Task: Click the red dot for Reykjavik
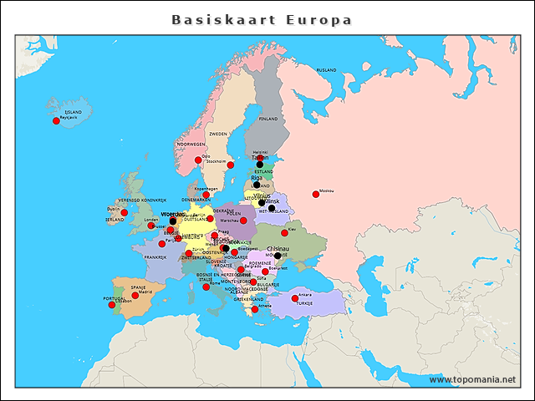[57, 121]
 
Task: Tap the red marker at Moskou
[316, 194]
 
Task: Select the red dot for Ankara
[295, 297]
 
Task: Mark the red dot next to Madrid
[135, 295]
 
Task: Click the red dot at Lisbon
[112, 304]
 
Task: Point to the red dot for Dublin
[125, 212]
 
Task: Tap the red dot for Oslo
[198, 160]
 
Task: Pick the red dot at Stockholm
[231, 165]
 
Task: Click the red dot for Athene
[255, 309]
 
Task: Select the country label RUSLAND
[326, 70]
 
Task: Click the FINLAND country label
[267, 119]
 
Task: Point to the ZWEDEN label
[218, 134]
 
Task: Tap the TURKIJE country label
[304, 304]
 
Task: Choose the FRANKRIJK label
[155, 257]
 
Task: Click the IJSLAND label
[74, 111]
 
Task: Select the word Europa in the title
[318, 19]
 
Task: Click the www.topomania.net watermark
[472, 379]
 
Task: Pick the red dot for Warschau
[243, 221]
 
